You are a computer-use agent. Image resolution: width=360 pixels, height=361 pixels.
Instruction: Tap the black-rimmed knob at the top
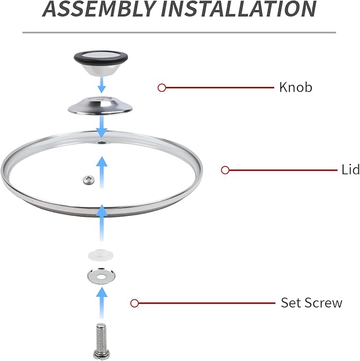[x=101, y=63]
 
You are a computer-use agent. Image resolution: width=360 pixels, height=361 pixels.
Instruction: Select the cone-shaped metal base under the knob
[x=100, y=105]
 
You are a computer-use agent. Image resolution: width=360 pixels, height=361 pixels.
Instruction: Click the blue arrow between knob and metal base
[x=102, y=85]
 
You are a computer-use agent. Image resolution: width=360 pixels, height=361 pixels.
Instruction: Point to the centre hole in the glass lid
[x=101, y=142]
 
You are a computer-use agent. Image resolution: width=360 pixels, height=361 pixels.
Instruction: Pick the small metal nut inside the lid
[x=89, y=180]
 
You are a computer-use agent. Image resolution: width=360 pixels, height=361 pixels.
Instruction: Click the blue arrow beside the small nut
[x=102, y=172]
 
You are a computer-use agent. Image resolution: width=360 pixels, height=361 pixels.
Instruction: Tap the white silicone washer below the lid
[x=100, y=254]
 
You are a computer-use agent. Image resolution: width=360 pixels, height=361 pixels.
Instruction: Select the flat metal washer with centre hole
[x=101, y=276]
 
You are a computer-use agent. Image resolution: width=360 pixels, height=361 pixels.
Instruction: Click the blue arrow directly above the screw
[x=102, y=303]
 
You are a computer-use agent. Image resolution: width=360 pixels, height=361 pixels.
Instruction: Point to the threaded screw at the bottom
[x=100, y=341]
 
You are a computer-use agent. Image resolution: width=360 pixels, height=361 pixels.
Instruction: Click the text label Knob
[x=295, y=87]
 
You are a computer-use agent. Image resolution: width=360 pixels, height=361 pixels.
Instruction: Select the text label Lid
[x=350, y=170]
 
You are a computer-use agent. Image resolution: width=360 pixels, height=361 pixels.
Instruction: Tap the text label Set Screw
[x=311, y=303]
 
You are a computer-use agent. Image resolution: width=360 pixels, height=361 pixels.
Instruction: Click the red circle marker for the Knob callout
[x=162, y=87]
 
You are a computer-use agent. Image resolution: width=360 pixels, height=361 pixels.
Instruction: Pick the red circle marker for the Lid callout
[x=225, y=170]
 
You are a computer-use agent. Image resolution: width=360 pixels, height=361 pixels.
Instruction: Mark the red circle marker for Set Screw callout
[x=135, y=303]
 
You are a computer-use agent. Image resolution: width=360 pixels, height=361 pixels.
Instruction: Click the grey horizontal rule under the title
[x=179, y=32]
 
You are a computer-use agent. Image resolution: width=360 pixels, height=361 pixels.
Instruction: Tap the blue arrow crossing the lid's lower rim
[x=102, y=223]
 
